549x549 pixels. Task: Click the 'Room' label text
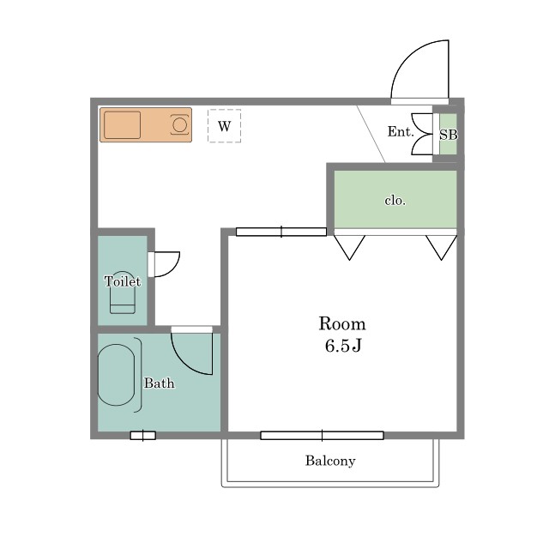(342, 324)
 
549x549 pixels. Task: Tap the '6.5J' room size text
(343, 346)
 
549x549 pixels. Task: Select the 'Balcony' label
(330, 461)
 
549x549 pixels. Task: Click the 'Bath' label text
(160, 383)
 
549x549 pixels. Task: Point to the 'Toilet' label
(123, 281)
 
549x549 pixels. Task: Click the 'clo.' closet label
(395, 201)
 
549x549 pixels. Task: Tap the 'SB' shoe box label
(449, 135)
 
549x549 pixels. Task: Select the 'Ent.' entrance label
(401, 131)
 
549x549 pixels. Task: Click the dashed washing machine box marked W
(224, 126)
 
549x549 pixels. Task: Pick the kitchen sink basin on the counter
(122, 125)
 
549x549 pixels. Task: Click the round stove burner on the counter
(179, 125)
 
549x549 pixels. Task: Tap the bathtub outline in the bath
(116, 375)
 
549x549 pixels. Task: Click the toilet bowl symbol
(123, 293)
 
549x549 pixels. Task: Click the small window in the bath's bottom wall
(143, 436)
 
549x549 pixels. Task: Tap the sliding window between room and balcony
(323, 435)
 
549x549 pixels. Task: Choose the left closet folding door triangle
(349, 248)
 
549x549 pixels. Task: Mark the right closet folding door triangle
(442, 248)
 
